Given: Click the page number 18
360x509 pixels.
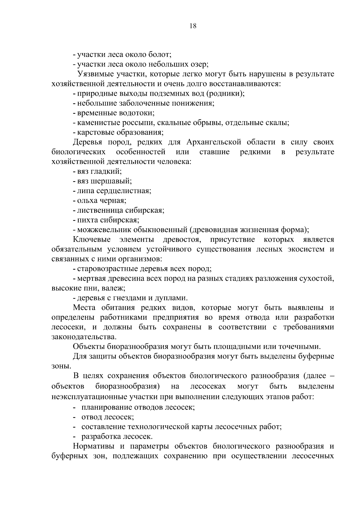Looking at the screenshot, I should tap(193, 26).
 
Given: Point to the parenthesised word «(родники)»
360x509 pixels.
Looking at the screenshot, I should tap(225, 94).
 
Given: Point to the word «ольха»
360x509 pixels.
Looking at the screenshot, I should tap(87, 201).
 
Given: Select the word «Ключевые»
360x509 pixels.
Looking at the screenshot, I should tap(92, 240).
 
